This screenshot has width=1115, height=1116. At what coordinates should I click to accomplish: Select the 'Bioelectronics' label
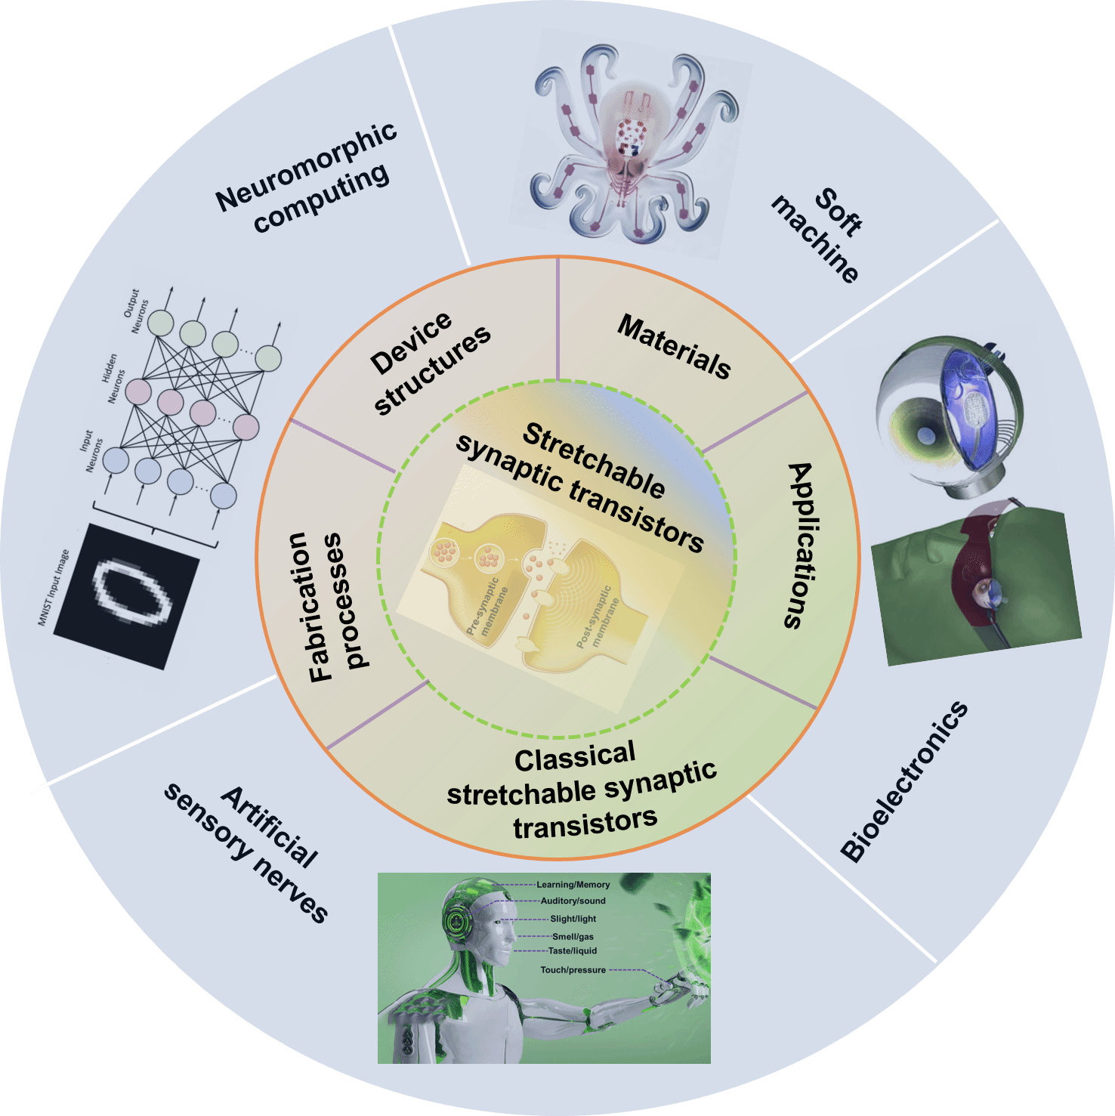(905, 782)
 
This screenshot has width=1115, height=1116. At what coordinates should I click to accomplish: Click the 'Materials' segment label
(675, 346)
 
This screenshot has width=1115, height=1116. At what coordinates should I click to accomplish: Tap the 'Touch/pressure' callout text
(573, 970)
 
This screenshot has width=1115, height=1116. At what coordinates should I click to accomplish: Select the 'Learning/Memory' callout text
(573, 884)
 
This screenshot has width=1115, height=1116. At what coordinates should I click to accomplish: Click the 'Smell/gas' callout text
(573, 937)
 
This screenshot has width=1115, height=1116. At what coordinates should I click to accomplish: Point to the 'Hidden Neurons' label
(113, 378)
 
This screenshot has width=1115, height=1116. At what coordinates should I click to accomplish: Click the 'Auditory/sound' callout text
(573, 901)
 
